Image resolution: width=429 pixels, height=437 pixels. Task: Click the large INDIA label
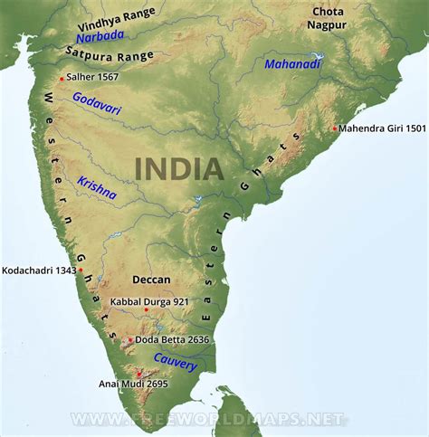click(178, 167)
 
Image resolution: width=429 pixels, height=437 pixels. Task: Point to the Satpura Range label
click(112, 55)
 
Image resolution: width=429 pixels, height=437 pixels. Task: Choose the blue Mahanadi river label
click(292, 63)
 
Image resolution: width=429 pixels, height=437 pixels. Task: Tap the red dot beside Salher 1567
click(62, 79)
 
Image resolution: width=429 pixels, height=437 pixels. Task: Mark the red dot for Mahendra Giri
click(335, 128)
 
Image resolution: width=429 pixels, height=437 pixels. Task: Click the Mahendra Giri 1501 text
click(380, 128)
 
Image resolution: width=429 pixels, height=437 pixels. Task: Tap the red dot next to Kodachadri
click(81, 270)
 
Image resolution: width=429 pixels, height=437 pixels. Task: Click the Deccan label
click(150, 280)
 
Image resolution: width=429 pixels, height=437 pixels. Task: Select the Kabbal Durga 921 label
click(148, 302)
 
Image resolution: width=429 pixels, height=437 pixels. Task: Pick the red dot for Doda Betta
click(130, 340)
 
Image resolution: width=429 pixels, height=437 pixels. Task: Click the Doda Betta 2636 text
click(174, 340)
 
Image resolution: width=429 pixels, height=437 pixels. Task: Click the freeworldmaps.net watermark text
click(208, 420)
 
